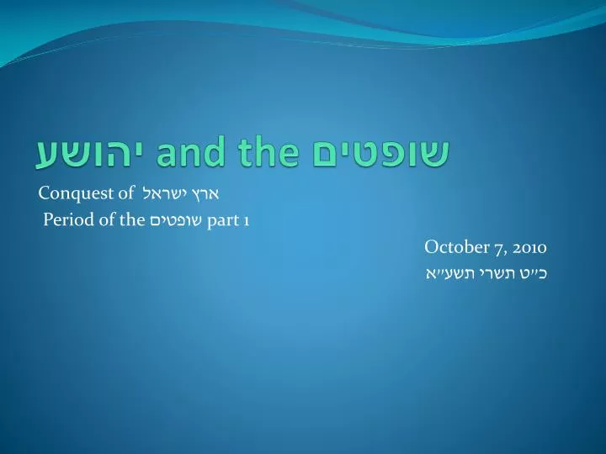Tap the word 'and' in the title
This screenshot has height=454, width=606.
pos(191,150)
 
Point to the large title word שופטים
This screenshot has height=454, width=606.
pos(380,152)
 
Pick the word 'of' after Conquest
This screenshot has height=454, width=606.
pos(126,193)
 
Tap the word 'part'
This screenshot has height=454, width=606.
pos(223,221)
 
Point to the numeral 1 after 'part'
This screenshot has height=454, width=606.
pos(246,222)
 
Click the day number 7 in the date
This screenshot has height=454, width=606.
pos(501,248)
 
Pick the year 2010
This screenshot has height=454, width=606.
pos(529,247)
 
